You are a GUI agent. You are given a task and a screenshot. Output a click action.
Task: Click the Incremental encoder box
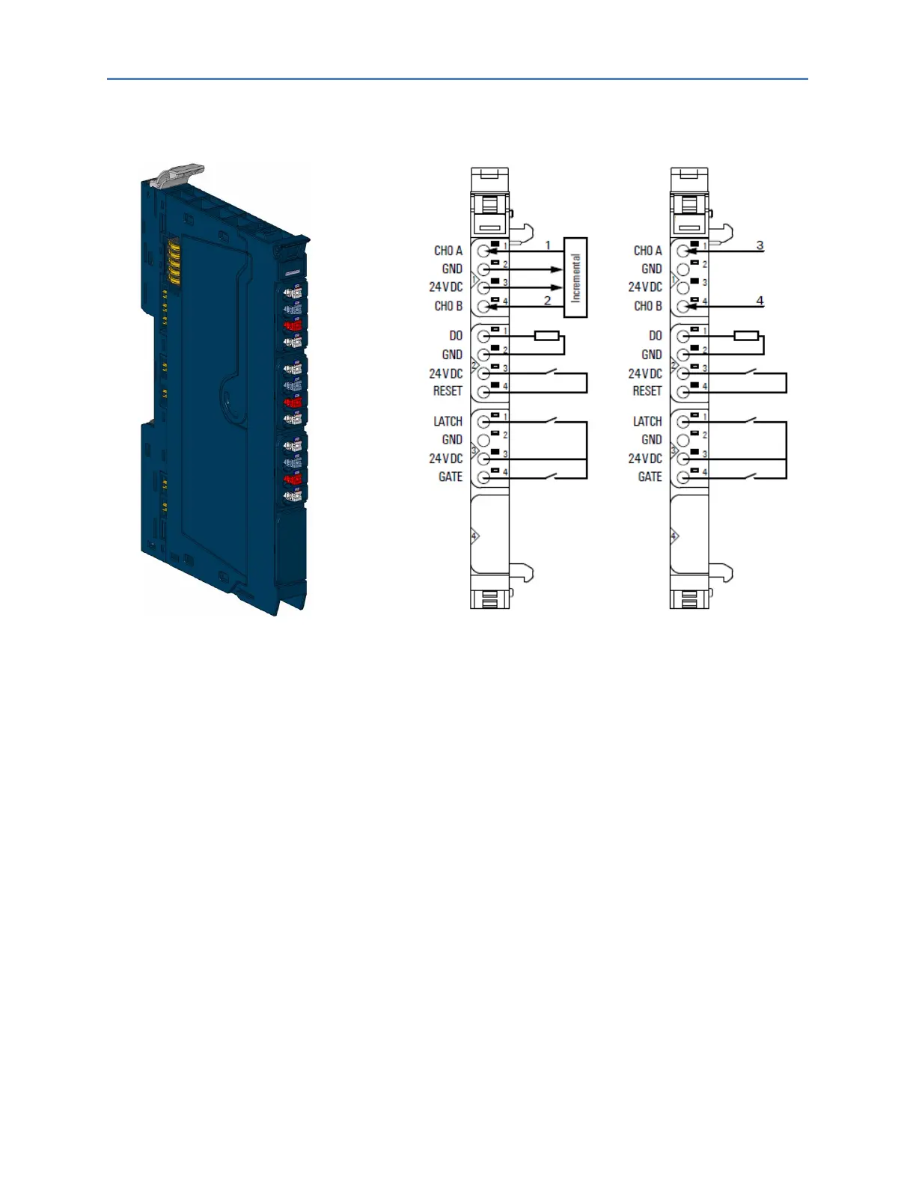(575, 278)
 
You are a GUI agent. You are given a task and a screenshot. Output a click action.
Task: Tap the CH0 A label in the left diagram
(448, 251)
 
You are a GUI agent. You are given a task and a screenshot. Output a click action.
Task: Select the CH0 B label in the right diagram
(647, 306)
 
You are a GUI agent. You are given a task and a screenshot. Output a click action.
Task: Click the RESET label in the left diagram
(448, 391)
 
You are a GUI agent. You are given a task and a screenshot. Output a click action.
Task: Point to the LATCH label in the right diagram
(647, 421)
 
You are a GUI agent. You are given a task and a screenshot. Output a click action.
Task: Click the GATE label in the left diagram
(450, 477)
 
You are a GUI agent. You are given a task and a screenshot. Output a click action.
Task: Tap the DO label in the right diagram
(655, 336)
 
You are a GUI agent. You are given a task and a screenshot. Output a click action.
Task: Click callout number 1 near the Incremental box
(548, 245)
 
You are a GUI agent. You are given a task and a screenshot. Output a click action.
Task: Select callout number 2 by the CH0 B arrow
(547, 300)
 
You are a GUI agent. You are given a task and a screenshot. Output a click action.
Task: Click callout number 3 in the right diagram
(760, 245)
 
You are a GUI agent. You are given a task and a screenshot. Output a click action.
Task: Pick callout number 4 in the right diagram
(760, 300)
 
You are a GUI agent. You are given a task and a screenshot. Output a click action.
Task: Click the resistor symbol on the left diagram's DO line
(546, 336)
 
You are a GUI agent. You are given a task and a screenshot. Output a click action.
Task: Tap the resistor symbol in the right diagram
(746, 336)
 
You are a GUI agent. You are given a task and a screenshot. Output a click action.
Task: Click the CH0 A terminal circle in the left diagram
(483, 251)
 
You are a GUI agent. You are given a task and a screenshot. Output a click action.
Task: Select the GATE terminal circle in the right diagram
(683, 477)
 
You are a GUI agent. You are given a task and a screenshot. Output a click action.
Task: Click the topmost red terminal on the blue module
(293, 325)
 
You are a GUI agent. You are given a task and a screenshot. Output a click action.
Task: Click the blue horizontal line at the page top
(457, 79)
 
